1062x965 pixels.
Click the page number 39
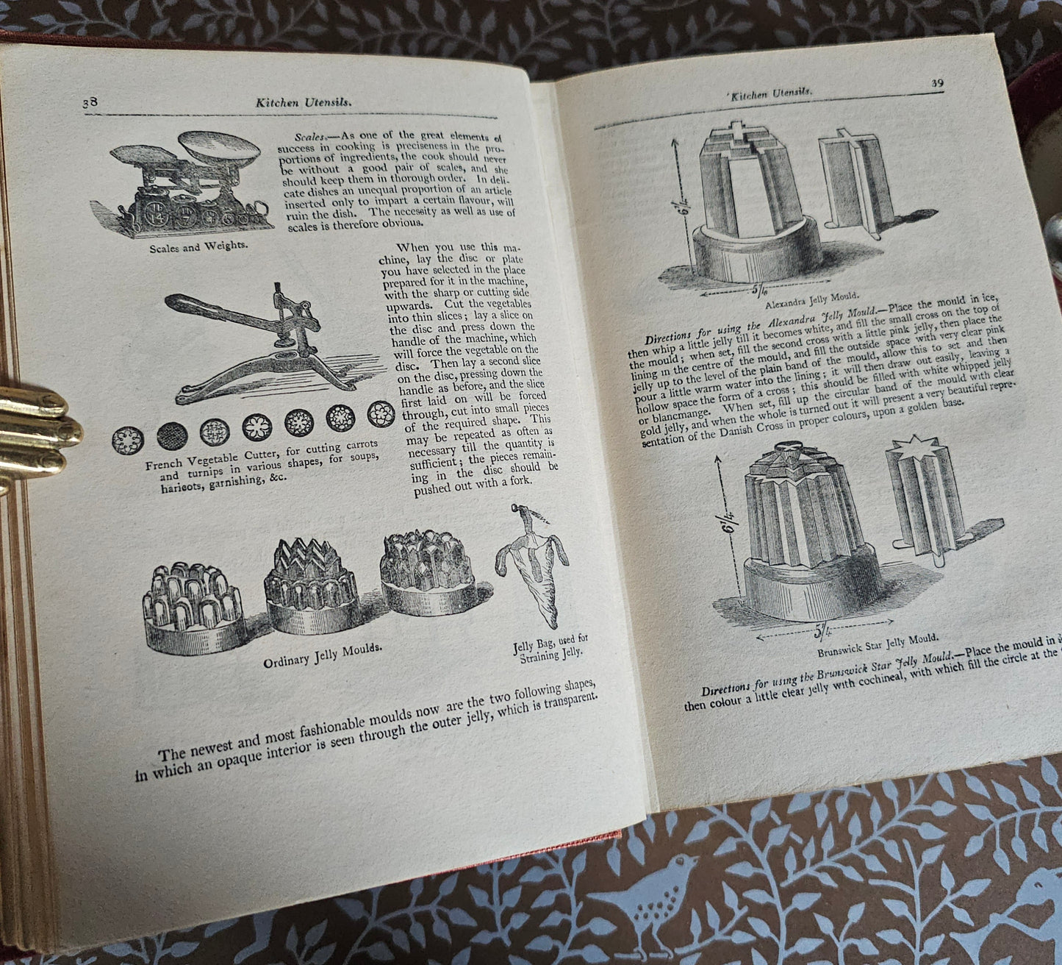[x=937, y=83]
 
